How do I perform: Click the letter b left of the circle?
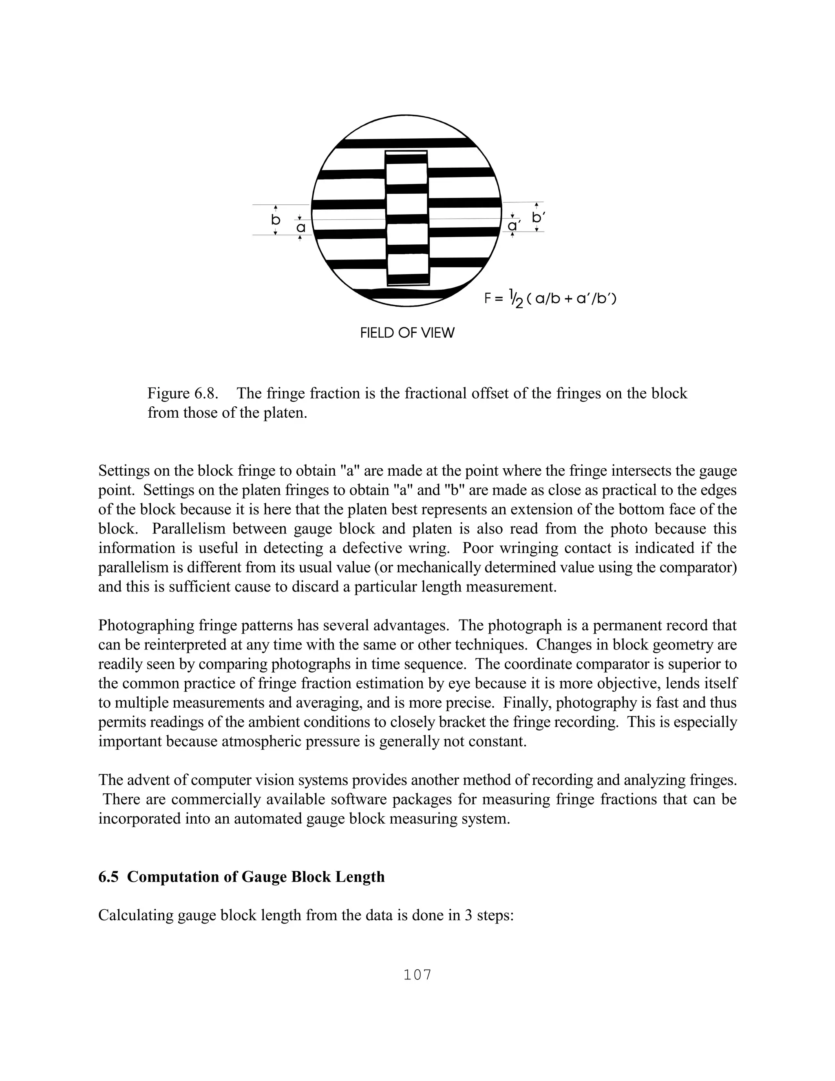point(276,220)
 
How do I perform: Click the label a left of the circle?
point(300,228)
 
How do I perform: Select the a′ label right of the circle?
point(513,225)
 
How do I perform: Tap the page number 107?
point(417,975)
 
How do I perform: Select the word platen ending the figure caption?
point(286,413)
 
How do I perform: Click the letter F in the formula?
point(487,299)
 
